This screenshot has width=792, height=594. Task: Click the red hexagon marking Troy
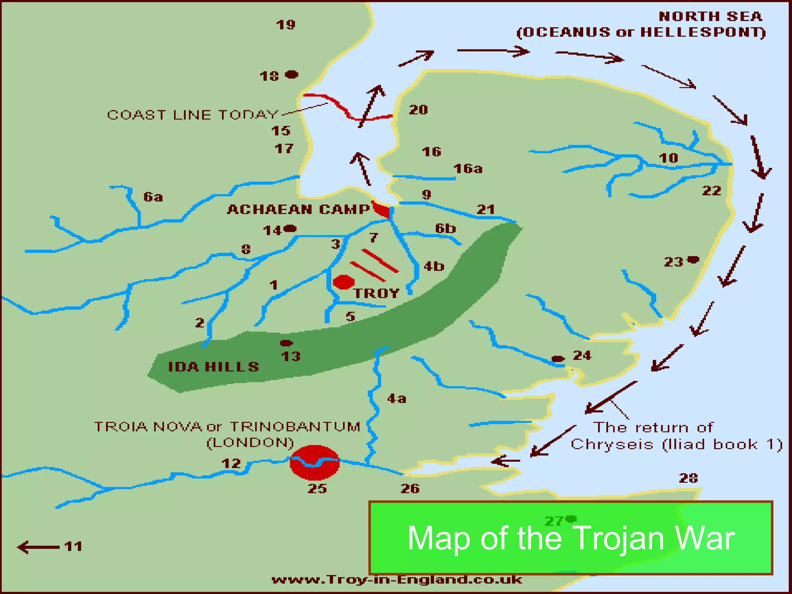[x=343, y=282]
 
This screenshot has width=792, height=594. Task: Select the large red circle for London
[x=315, y=463]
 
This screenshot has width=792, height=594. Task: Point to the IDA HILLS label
[x=213, y=367]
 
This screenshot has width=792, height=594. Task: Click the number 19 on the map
[x=286, y=25]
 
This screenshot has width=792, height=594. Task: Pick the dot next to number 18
[x=292, y=74]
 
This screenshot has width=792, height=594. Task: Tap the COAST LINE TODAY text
[x=192, y=114]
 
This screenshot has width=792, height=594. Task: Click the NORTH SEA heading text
[x=710, y=17]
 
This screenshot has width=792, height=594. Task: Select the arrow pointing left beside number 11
[x=38, y=547]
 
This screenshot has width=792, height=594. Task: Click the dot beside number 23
[x=693, y=259]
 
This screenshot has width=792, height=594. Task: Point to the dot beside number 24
[x=557, y=358]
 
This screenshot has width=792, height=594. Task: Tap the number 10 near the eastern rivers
[x=668, y=158]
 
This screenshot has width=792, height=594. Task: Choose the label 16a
[x=468, y=169]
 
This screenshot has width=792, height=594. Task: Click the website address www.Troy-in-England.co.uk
[x=397, y=580]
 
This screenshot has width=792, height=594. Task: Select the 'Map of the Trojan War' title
[x=571, y=538]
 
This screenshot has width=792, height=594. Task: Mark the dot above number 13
[x=286, y=343]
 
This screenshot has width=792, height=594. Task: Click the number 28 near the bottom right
[x=688, y=478]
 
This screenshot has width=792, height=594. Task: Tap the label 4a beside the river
[x=397, y=398]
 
